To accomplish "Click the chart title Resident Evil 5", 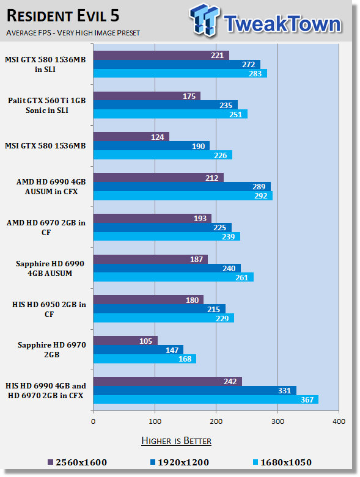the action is (x=63, y=16).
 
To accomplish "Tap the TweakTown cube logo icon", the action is (x=204, y=20).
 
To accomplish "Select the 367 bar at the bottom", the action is (x=206, y=399).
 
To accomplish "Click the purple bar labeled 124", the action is (x=131, y=137).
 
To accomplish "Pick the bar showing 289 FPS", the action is (x=182, y=186).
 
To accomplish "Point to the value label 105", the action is (x=145, y=341).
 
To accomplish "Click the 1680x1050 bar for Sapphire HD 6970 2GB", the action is (x=144, y=359).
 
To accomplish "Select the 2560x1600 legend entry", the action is (x=78, y=462).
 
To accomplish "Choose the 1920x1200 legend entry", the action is (x=180, y=462).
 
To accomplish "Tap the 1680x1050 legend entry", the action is (x=282, y=462).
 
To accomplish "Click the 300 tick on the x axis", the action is (x=277, y=421).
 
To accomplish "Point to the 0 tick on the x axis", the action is (x=93, y=421).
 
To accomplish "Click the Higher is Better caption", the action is (x=176, y=441).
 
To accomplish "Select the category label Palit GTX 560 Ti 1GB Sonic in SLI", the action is (x=47, y=105).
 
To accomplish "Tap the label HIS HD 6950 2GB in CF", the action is (x=49, y=310).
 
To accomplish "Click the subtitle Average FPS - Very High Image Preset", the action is (x=73, y=32).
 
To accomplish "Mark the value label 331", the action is (x=285, y=390).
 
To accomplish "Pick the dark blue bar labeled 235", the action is (x=166, y=105).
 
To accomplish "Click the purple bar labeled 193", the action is (x=152, y=218).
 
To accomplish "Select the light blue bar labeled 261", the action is (x=174, y=277).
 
